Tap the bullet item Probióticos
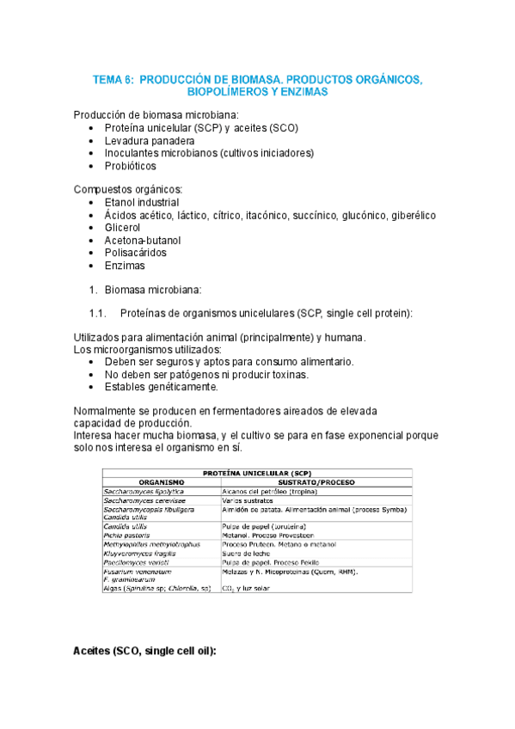(131, 166)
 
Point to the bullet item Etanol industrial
(143, 202)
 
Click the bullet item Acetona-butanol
(143, 241)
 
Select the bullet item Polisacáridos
(136, 253)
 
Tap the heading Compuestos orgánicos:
(127, 189)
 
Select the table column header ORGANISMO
(161, 482)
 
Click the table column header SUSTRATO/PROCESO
(316, 482)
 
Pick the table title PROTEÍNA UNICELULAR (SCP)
(257, 473)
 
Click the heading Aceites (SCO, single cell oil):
(144, 652)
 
